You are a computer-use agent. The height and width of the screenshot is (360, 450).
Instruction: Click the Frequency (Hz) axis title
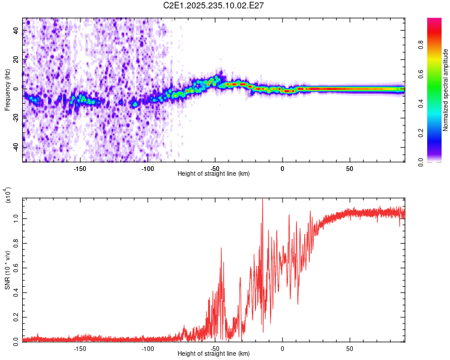(x=7, y=89)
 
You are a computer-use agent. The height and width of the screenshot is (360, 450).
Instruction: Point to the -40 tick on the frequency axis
(x=16, y=147)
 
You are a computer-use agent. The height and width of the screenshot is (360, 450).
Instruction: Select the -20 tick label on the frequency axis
(x=16, y=118)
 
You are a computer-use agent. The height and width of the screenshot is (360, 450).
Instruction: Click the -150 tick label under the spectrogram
(x=80, y=168)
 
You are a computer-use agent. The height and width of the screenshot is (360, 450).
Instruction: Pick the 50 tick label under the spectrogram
(x=350, y=168)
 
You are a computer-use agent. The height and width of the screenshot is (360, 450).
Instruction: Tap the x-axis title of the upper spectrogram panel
(x=214, y=174)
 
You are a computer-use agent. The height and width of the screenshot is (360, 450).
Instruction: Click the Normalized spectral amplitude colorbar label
(x=446, y=90)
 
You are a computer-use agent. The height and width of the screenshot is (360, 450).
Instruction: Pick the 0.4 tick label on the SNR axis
(x=16, y=292)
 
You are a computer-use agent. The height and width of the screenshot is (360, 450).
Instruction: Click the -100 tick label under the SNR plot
(x=148, y=348)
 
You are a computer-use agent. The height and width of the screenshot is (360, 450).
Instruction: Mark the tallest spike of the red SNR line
(x=263, y=200)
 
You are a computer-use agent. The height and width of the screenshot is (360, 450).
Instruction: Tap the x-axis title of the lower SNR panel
(x=214, y=354)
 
